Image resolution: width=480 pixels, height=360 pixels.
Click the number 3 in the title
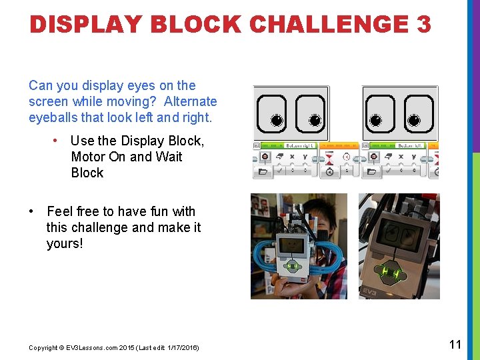tap(424, 25)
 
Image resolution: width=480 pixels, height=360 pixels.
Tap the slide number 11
tap(455, 345)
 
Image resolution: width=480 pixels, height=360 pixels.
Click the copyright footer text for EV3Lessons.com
tap(113, 348)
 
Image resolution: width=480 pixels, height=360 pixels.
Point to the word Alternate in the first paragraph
tap(190, 101)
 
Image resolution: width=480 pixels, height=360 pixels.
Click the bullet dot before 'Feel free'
tap(32, 211)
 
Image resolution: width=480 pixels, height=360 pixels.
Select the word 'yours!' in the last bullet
tap(65, 243)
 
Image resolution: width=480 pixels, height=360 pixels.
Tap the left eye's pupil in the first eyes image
tap(277, 121)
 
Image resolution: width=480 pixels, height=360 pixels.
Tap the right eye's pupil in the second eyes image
tap(413, 120)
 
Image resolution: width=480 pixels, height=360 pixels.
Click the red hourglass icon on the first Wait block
tap(329, 157)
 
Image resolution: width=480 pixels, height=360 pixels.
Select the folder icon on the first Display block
tap(264, 171)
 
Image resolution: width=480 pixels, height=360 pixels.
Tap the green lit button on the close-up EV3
tap(389, 273)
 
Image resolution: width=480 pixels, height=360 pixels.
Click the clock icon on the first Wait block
tap(329, 171)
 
